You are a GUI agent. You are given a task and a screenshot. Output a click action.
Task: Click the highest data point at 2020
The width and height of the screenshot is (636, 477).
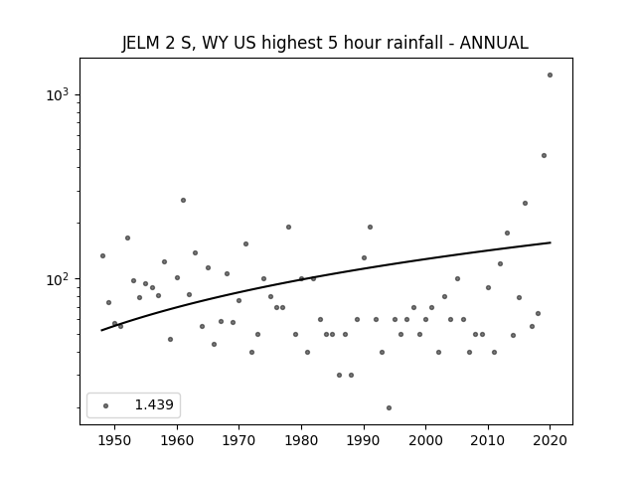click(x=550, y=76)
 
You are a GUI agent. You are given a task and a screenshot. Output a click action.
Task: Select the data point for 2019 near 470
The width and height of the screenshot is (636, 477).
click(x=544, y=156)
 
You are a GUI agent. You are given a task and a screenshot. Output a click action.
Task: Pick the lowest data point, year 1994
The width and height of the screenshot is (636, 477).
click(x=389, y=407)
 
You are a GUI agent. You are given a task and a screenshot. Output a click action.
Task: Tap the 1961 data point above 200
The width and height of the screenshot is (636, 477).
click(x=183, y=201)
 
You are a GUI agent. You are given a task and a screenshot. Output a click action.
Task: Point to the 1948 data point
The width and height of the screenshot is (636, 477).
click(x=102, y=256)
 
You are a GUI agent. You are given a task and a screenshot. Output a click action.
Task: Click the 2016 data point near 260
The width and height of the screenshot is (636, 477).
click(x=525, y=203)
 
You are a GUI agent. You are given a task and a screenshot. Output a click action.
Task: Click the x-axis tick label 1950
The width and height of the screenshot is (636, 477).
click(x=115, y=440)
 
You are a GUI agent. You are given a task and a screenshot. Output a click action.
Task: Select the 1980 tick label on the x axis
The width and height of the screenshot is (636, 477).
click(x=301, y=440)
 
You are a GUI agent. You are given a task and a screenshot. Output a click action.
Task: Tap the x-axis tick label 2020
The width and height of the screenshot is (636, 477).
click(x=550, y=440)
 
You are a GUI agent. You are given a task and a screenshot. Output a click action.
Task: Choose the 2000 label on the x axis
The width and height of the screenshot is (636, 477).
click(x=425, y=440)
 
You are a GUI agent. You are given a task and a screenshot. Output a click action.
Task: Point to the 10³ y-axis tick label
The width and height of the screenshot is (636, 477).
click(x=58, y=94)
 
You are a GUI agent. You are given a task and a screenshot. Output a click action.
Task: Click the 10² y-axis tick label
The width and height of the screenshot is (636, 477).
click(x=58, y=279)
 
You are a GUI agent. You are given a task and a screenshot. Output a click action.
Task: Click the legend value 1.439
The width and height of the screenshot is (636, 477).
click(x=154, y=404)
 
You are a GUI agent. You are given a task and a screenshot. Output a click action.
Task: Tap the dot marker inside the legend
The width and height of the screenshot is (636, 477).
click(x=105, y=405)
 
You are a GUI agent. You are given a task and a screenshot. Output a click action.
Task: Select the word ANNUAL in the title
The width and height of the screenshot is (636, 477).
click(x=494, y=43)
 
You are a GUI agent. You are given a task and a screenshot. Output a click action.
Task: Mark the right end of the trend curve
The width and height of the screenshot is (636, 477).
click(x=550, y=242)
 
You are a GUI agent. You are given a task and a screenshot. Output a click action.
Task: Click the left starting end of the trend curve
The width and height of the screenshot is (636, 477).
click(x=101, y=330)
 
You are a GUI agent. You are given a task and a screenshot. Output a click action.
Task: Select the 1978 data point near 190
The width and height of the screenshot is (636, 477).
click(x=288, y=228)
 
